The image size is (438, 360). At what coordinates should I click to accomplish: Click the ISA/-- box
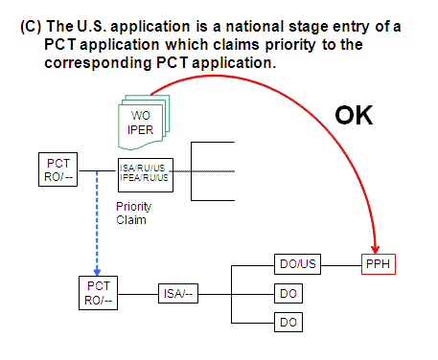click(180, 293)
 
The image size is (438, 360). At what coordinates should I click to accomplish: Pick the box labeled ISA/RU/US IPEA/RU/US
click(143, 173)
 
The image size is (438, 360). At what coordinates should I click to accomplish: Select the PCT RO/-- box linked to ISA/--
click(98, 292)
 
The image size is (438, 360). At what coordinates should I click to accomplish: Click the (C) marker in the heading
click(29, 28)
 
